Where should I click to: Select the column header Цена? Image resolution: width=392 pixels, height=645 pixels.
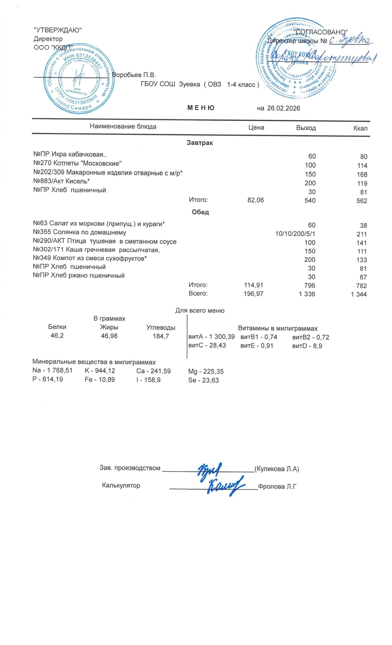coord(256,127)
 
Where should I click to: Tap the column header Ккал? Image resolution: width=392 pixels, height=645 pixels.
coord(360,128)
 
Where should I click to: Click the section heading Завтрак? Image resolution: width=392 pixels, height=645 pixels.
coord(200,143)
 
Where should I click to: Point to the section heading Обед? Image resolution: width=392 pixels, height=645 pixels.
coord(200,212)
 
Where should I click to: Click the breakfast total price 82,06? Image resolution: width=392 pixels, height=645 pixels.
coord(256,200)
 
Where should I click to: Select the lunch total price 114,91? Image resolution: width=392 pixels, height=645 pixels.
coord(253,285)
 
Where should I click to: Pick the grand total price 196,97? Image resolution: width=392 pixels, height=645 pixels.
coord(253,294)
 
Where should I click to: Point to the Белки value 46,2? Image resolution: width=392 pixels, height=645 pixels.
coord(57,336)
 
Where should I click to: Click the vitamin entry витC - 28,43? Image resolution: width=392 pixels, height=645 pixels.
coord(207,345)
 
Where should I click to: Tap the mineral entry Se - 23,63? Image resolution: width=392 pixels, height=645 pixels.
coord(203,380)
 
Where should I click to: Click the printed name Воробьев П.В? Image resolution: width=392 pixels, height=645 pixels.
coord(134,75)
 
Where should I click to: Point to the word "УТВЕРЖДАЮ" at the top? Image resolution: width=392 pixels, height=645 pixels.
coord(58,30)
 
